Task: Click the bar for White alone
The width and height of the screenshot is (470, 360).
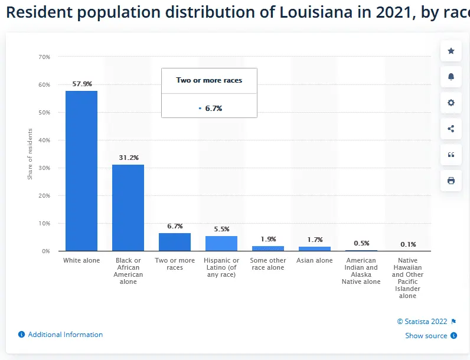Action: (81, 171)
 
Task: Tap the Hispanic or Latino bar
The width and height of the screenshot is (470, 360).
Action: (221, 244)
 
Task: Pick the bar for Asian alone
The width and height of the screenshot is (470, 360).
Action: (315, 249)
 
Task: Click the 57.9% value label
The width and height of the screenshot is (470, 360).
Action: (82, 84)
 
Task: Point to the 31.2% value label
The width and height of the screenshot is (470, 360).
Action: (128, 158)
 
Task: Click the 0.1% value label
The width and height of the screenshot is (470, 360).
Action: (408, 244)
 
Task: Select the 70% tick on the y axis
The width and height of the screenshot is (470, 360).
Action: (44, 57)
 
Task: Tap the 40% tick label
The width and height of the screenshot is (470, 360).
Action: (44, 140)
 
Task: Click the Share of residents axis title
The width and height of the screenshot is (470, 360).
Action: (30, 154)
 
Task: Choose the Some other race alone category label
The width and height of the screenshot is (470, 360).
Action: (268, 264)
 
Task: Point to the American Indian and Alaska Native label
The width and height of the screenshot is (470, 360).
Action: (361, 271)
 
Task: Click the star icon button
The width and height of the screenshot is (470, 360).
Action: (451, 51)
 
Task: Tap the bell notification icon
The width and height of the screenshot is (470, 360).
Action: (451, 77)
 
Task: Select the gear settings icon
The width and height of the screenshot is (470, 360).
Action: (451, 103)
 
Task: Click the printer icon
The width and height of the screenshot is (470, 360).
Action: (451, 181)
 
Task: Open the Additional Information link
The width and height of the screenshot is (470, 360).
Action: (65, 335)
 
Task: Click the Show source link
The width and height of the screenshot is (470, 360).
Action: (426, 336)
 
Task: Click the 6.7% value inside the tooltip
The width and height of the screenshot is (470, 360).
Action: (213, 109)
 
